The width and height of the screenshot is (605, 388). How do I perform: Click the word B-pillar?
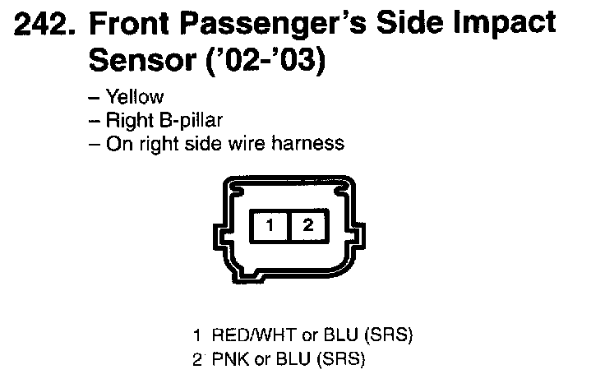point(180,121)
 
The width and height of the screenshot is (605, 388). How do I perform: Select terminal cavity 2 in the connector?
point(307,224)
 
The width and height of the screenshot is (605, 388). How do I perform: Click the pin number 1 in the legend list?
point(196,335)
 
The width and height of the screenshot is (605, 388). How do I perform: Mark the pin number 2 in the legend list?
point(196,359)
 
